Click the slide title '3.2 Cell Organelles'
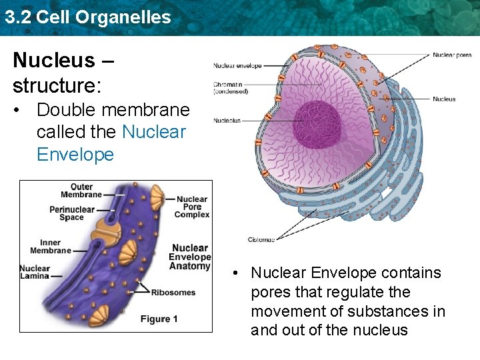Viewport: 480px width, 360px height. (x=87, y=17)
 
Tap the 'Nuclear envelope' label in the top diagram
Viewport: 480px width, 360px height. (x=237, y=65)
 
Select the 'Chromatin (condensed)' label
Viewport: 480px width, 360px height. (x=231, y=88)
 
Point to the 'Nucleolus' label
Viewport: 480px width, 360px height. (x=227, y=121)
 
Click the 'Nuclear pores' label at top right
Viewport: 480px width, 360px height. (x=452, y=55)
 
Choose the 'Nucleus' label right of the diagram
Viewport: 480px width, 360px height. (x=444, y=99)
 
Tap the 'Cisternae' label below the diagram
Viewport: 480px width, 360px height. (x=261, y=239)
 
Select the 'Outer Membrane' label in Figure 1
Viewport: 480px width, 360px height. (x=81, y=191)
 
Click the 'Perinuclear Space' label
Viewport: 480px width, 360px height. (x=72, y=213)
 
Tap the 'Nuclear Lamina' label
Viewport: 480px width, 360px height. (x=35, y=273)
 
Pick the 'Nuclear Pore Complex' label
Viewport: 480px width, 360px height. (x=192, y=207)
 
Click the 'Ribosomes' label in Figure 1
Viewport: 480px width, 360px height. (x=173, y=292)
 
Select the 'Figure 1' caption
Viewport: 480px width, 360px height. (x=159, y=319)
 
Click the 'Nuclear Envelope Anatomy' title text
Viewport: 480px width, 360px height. (x=190, y=257)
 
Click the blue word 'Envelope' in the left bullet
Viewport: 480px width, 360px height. (x=75, y=155)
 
